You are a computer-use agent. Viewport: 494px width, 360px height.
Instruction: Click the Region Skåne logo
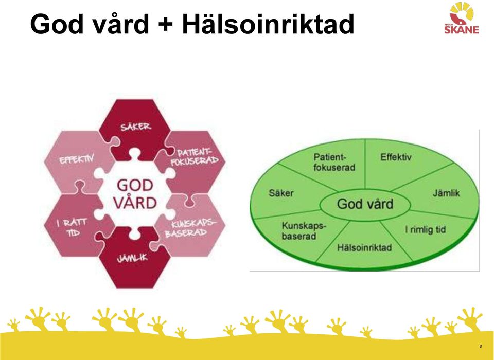[462, 18]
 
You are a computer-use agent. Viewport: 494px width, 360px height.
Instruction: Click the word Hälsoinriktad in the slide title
[268, 24]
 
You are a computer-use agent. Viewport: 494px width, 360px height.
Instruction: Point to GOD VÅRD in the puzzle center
[135, 194]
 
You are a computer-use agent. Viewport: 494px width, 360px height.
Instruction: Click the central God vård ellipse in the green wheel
[365, 204]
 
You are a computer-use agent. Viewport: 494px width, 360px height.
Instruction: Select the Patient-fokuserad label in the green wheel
[334, 162]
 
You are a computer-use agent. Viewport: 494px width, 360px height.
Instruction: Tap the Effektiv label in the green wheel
[396, 157]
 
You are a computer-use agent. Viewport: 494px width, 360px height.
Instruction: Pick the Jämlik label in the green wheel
[446, 193]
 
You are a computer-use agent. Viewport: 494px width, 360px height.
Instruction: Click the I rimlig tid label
[426, 229]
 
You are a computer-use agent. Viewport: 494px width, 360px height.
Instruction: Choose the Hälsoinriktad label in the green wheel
[364, 247]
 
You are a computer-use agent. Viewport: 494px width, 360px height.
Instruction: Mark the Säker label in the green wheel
[281, 193]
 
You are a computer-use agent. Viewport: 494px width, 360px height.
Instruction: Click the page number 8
[481, 346]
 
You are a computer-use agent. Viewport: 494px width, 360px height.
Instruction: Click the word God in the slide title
[58, 24]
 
